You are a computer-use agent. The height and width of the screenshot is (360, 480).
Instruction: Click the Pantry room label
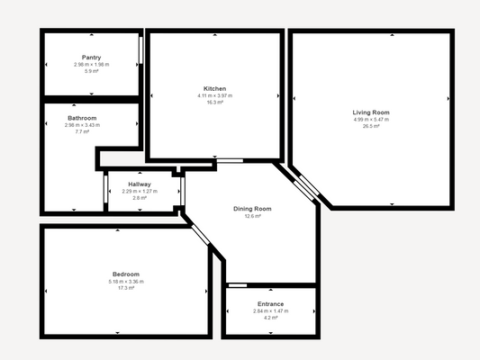point(91,58)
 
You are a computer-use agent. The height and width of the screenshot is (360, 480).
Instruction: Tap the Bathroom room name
point(82,118)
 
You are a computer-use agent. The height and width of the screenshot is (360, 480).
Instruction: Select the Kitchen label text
point(214,89)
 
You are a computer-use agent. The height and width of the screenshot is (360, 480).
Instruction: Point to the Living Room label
point(371,112)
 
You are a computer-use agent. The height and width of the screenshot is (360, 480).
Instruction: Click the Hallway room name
point(140,184)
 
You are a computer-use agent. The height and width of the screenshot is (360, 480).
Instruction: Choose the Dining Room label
point(252,209)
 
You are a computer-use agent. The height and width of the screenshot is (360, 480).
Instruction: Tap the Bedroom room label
point(125,274)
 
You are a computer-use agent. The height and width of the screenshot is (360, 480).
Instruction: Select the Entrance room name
point(270,304)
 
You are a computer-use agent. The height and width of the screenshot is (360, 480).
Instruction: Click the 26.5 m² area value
point(371,127)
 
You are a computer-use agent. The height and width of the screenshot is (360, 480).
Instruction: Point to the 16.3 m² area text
point(214,103)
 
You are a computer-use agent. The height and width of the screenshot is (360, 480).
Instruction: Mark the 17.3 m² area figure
point(125,288)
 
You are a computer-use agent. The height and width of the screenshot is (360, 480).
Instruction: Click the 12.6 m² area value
point(252,216)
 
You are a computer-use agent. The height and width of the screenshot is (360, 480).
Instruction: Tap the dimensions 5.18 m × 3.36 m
point(125,281)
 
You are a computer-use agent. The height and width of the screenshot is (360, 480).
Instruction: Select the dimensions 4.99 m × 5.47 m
point(371,120)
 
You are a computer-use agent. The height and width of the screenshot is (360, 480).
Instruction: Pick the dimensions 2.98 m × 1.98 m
point(91,65)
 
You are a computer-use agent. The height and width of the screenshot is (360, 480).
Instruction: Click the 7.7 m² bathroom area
point(82,131)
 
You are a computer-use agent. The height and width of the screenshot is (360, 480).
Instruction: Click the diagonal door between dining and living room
point(305,183)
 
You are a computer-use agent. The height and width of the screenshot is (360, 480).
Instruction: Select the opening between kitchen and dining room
point(229,161)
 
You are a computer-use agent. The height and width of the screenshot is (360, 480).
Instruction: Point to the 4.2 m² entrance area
point(270,318)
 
